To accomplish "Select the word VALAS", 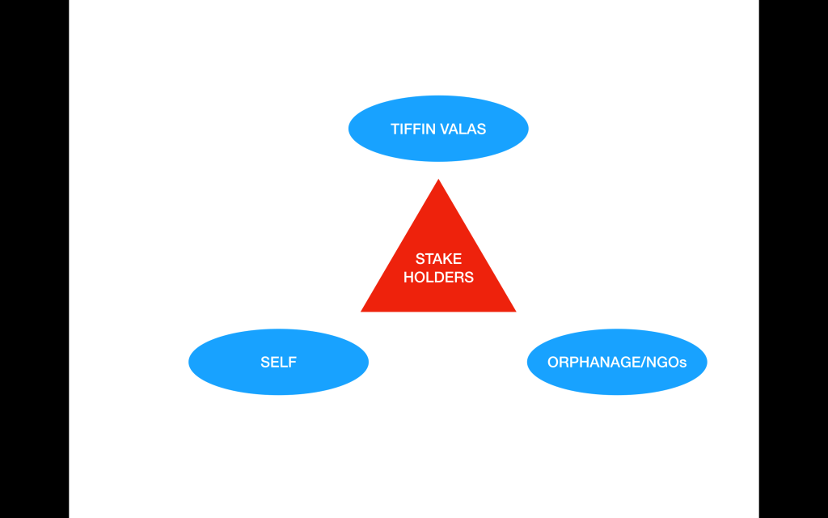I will (463, 129).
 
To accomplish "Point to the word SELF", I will (278, 362).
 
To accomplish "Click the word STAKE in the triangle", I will (438, 259).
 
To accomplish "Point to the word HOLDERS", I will (438, 277).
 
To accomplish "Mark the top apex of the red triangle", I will (438, 181).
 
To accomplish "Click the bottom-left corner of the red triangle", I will (363, 310).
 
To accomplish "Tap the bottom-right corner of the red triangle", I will (513, 310).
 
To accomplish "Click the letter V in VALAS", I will (445, 129).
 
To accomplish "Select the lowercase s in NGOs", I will (683, 363).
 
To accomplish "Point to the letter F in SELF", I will (292, 362).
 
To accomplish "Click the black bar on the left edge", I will (34, 259).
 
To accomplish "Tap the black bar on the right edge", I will (793, 259).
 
